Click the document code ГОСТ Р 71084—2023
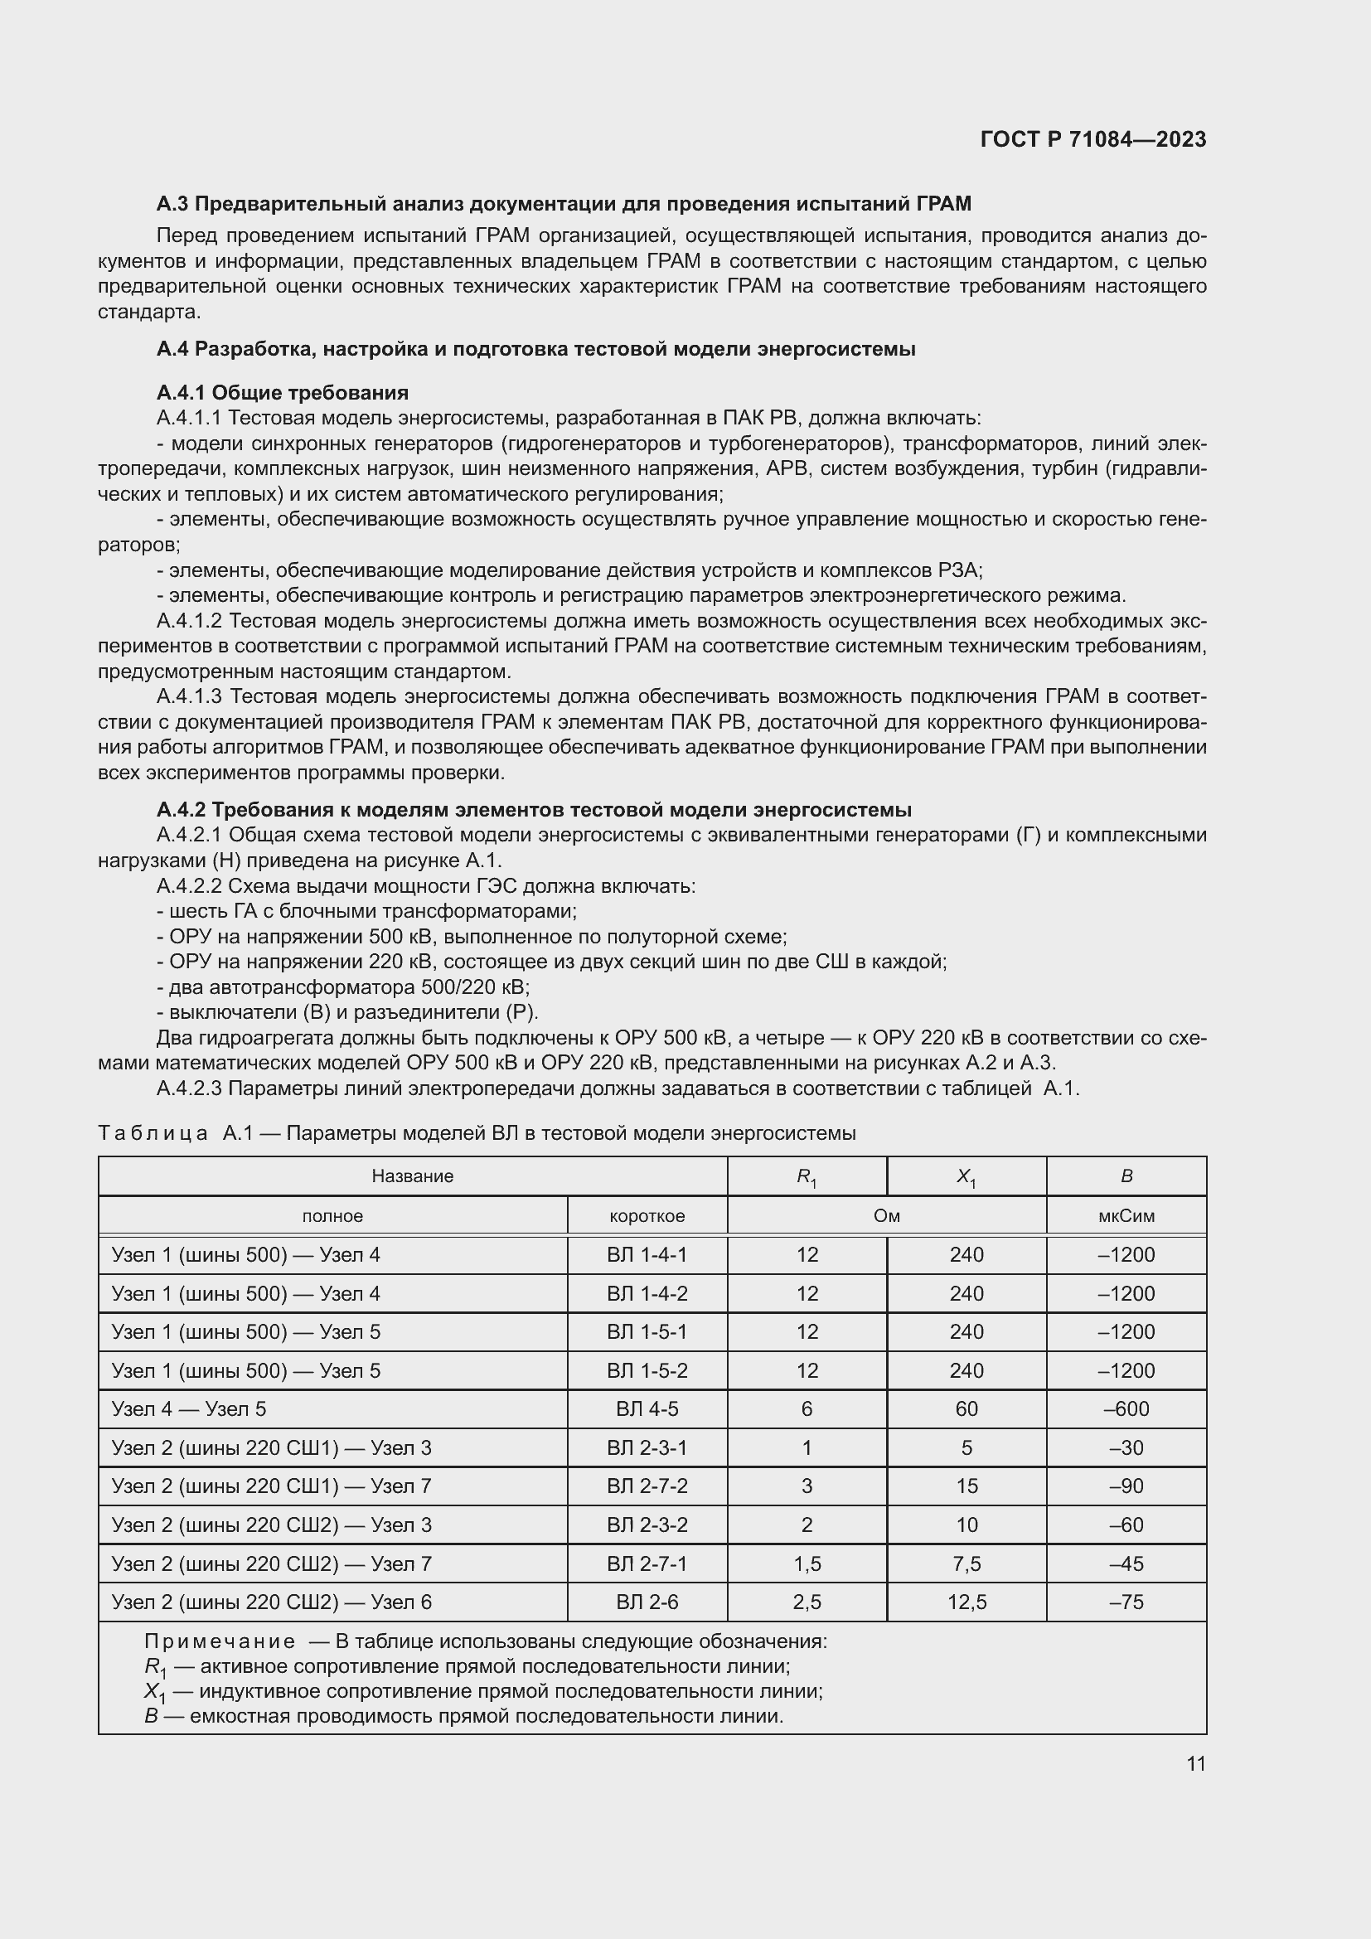point(1093,139)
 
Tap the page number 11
point(1195,1763)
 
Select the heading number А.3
point(173,204)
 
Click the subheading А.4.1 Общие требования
point(282,393)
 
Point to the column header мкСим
point(1126,1216)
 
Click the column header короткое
point(647,1216)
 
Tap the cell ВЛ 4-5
point(647,1408)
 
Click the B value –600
point(1126,1408)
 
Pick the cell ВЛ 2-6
point(647,1602)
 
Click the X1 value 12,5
point(966,1602)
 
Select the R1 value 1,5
point(807,1564)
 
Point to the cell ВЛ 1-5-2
point(647,1370)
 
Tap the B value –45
point(1126,1564)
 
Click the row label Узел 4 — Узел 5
point(188,1408)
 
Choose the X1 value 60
point(966,1408)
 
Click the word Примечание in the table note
point(220,1641)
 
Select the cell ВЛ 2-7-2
point(647,1486)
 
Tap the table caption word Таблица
point(153,1133)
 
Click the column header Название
point(412,1176)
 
